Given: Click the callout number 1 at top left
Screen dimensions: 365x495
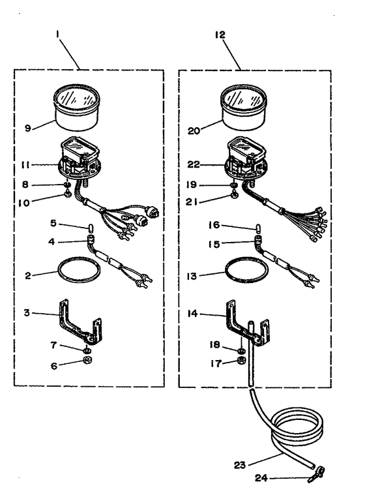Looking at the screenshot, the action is (x=57, y=34).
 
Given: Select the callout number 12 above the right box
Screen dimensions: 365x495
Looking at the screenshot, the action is (x=220, y=35).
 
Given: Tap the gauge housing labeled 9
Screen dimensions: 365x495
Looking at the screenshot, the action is (x=77, y=108).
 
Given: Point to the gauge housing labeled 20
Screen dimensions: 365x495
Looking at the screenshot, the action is (x=243, y=108).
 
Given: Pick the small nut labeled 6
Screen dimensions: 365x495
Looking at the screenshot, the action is (x=87, y=359).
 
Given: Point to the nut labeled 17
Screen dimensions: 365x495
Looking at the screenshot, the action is (x=241, y=359).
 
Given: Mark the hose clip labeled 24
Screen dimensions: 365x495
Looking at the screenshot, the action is (x=316, y=474).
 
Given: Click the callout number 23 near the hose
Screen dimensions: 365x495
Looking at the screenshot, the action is (x=240, y=465).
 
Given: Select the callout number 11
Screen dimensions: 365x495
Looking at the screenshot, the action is (x=25, y=165).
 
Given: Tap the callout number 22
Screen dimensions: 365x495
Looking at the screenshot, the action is (x=194, y=164).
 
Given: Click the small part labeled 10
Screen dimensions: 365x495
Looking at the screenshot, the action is (x=67, y=194).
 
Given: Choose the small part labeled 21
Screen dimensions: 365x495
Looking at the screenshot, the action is (x=235, y=196).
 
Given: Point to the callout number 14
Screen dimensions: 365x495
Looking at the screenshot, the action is (x=192, y=314).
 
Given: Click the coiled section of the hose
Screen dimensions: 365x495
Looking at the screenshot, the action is (x=297, y=441).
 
